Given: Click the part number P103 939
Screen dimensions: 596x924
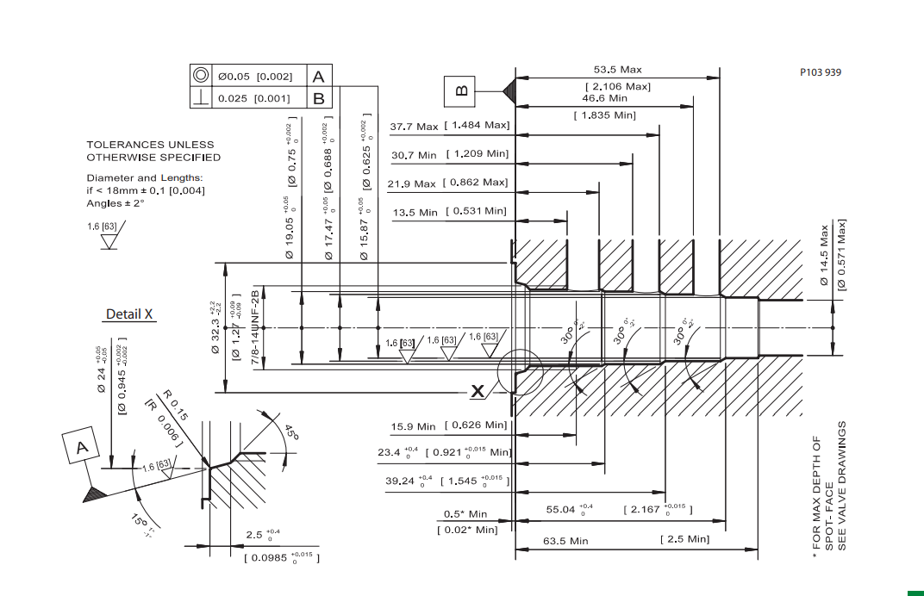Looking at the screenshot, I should (820, 71).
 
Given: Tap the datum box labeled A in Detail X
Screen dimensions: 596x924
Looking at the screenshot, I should (83, 448).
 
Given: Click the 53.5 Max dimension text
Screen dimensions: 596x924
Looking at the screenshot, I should (617, 70).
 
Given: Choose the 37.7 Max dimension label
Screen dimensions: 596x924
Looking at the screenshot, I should (414, 127).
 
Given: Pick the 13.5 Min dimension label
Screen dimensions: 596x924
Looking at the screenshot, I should (415, 212).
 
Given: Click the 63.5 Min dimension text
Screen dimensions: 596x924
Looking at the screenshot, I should (565, 541).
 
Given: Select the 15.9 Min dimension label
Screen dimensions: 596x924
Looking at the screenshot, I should (414, 426).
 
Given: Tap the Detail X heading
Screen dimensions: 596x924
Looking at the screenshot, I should (129, 314).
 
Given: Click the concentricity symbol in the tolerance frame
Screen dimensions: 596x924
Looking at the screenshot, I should (200, 76).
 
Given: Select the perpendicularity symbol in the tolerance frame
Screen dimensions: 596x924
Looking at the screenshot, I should (200, 98).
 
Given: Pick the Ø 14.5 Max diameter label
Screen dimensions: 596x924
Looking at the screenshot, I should (824, 255).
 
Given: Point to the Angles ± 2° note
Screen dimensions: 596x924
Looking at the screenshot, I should (115, 203).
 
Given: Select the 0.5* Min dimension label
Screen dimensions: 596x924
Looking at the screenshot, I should (465, 514).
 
